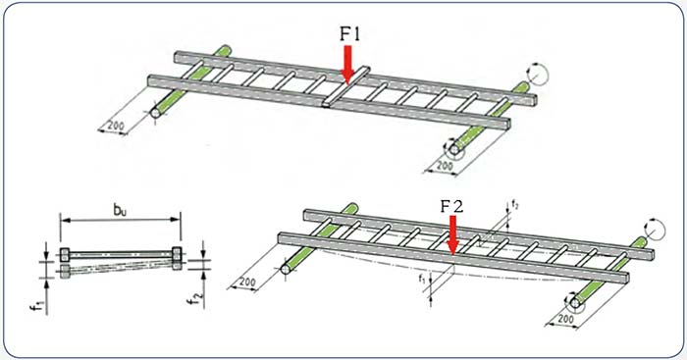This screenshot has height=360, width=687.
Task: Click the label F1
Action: point(350,34)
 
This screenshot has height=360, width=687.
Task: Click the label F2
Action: point(451,206)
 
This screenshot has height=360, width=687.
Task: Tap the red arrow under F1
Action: point(347,65)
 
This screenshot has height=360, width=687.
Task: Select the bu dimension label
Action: point(120,210)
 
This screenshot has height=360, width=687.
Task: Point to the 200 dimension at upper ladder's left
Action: point(116,126)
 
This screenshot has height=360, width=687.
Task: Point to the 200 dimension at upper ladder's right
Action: point(445,166)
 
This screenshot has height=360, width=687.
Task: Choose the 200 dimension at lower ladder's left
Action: point(247,282)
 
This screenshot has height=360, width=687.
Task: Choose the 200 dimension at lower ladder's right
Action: point(565,318)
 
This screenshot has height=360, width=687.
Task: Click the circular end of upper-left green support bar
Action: point(155,113)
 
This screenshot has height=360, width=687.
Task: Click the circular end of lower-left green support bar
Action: point(286,269)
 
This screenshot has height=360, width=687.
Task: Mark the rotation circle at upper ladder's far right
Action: point(538,75)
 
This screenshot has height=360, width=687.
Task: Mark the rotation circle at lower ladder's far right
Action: point(656,230)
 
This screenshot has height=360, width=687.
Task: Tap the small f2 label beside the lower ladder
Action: point(515,205)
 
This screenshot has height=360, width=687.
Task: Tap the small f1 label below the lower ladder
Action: point(421,278)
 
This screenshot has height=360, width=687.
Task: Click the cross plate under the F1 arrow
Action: point(346,86)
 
